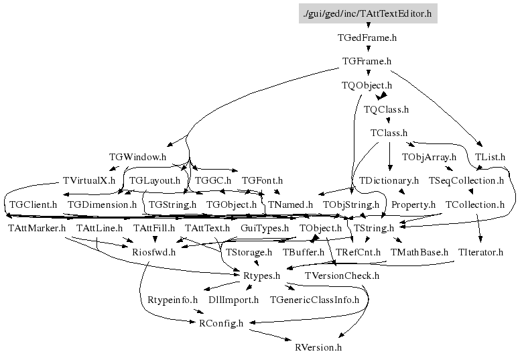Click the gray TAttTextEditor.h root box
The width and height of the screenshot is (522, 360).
point(368,13)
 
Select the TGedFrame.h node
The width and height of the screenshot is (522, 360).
point(367,38)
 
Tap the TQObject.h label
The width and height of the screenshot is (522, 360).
point(367,85)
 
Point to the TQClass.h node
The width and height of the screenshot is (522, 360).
point(386,109)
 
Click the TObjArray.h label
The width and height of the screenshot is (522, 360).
point(429,157)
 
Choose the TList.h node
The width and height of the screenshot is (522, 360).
point(490,157)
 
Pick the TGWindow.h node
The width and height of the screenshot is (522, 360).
point(137,157)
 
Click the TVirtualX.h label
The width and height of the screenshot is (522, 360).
point(88,180)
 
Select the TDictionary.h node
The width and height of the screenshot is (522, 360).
point(389,180)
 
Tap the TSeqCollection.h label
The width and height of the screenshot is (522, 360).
point(466,180)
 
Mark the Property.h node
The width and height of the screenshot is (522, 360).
point(413,204)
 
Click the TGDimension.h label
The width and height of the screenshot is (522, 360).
point(102,204)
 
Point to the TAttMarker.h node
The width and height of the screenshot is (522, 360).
point(36,229)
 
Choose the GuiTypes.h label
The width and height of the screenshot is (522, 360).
point(264,229)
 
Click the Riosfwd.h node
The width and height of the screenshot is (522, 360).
point(153,252)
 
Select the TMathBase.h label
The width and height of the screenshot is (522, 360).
point(419,252)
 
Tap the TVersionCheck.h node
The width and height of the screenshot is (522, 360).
point(342,276)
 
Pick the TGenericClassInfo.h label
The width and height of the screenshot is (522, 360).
point(314,299)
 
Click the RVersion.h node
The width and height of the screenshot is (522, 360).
point(318,347)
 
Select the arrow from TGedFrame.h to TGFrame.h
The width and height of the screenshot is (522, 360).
point(367,49)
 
